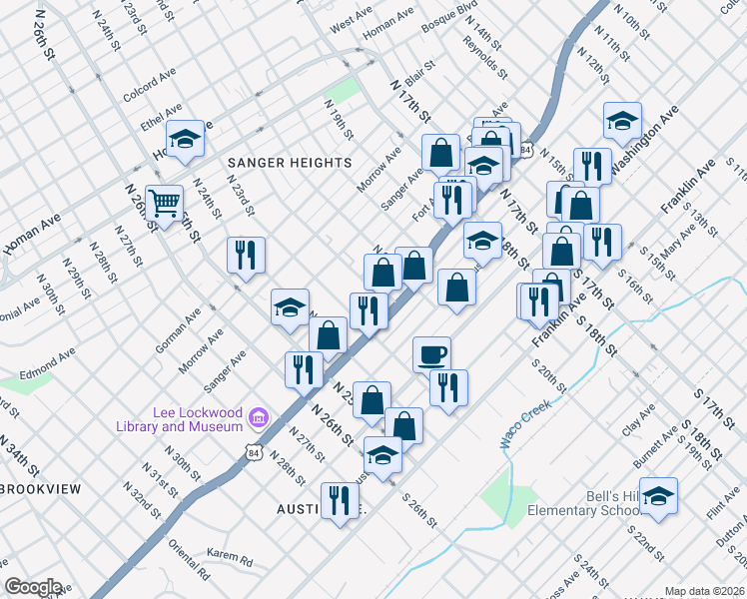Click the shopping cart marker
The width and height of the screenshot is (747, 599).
click(x=164, y=203)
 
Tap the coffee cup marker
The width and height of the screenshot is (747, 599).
click(x=431, y=354)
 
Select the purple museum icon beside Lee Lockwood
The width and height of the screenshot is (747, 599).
click(x=259, y=416)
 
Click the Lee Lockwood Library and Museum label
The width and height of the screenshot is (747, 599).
click(x=198, y=419)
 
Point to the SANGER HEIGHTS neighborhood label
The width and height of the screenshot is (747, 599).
click(x=290, y=162)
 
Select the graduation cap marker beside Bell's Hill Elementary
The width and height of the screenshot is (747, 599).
click(x=658, y=495)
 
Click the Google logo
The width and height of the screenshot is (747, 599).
click(x=33, y=587)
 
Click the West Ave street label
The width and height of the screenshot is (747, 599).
click(x=351, y=21)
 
